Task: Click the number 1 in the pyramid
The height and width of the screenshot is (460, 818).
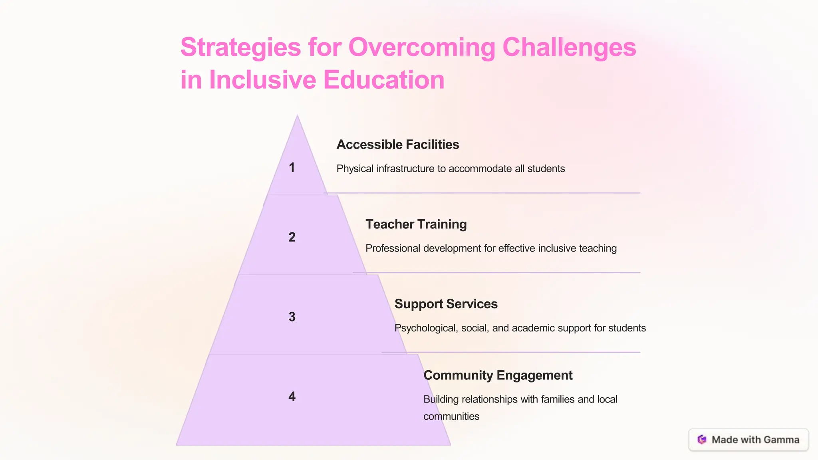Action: coord(292,167)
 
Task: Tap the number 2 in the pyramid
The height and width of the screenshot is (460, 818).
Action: coord(292,237)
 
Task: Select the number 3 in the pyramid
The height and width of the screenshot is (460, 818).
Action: coord(292,317)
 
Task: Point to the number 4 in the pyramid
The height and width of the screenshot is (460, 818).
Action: coord(292,396)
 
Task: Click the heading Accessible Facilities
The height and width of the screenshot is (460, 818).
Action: coord(397,145)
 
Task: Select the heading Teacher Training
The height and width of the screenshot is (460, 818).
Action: coord(416,224)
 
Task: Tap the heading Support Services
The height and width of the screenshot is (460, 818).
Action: coord(446,304)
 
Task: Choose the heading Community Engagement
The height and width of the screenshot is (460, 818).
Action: coord(498,375)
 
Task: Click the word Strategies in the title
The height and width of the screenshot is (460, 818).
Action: coord(240,48)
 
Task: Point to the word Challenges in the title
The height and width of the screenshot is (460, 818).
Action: coord(569,48)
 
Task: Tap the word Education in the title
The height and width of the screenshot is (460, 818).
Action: coord(384,80)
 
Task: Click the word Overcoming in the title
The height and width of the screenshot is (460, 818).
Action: coord(422,48)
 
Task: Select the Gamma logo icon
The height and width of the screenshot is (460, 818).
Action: coord(702,440)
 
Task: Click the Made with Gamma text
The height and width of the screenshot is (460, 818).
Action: coord(755,440)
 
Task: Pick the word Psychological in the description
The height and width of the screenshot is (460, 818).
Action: coord(426,328)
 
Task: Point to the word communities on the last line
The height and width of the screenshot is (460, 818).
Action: coord(451,416)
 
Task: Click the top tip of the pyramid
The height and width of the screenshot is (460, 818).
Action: coord(297,117)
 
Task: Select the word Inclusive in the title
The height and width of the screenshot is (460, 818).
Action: coord(262,80)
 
